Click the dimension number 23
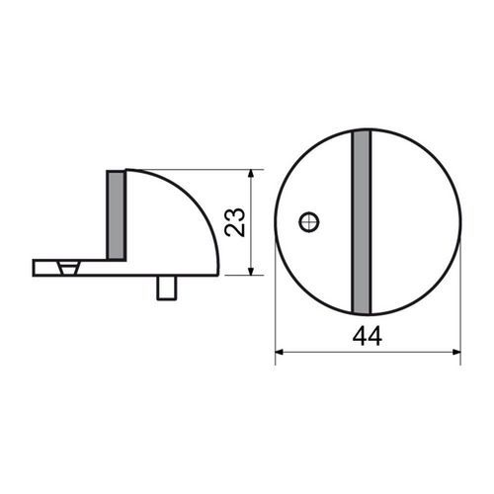(x=235, y=222)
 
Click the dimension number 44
(x=368, y=336)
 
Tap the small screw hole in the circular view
(x=309, y=222)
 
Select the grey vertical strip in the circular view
(x=362, y=222)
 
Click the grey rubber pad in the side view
(x=117, y=215)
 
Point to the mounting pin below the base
(x=167, y=288)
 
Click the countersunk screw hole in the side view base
(x=69, y=268)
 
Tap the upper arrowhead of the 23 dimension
(x=251, y=174)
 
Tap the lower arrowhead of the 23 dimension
(x=251, y=271)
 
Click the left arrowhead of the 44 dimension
(x=280, y=353)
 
